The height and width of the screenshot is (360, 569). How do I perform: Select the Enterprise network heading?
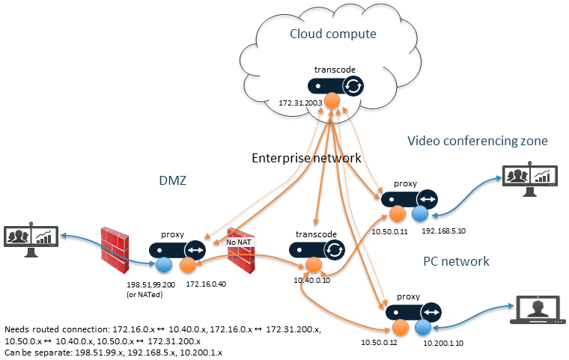306,158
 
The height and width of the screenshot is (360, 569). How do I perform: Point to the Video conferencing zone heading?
478,141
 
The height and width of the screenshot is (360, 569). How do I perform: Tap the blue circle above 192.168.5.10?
419,214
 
